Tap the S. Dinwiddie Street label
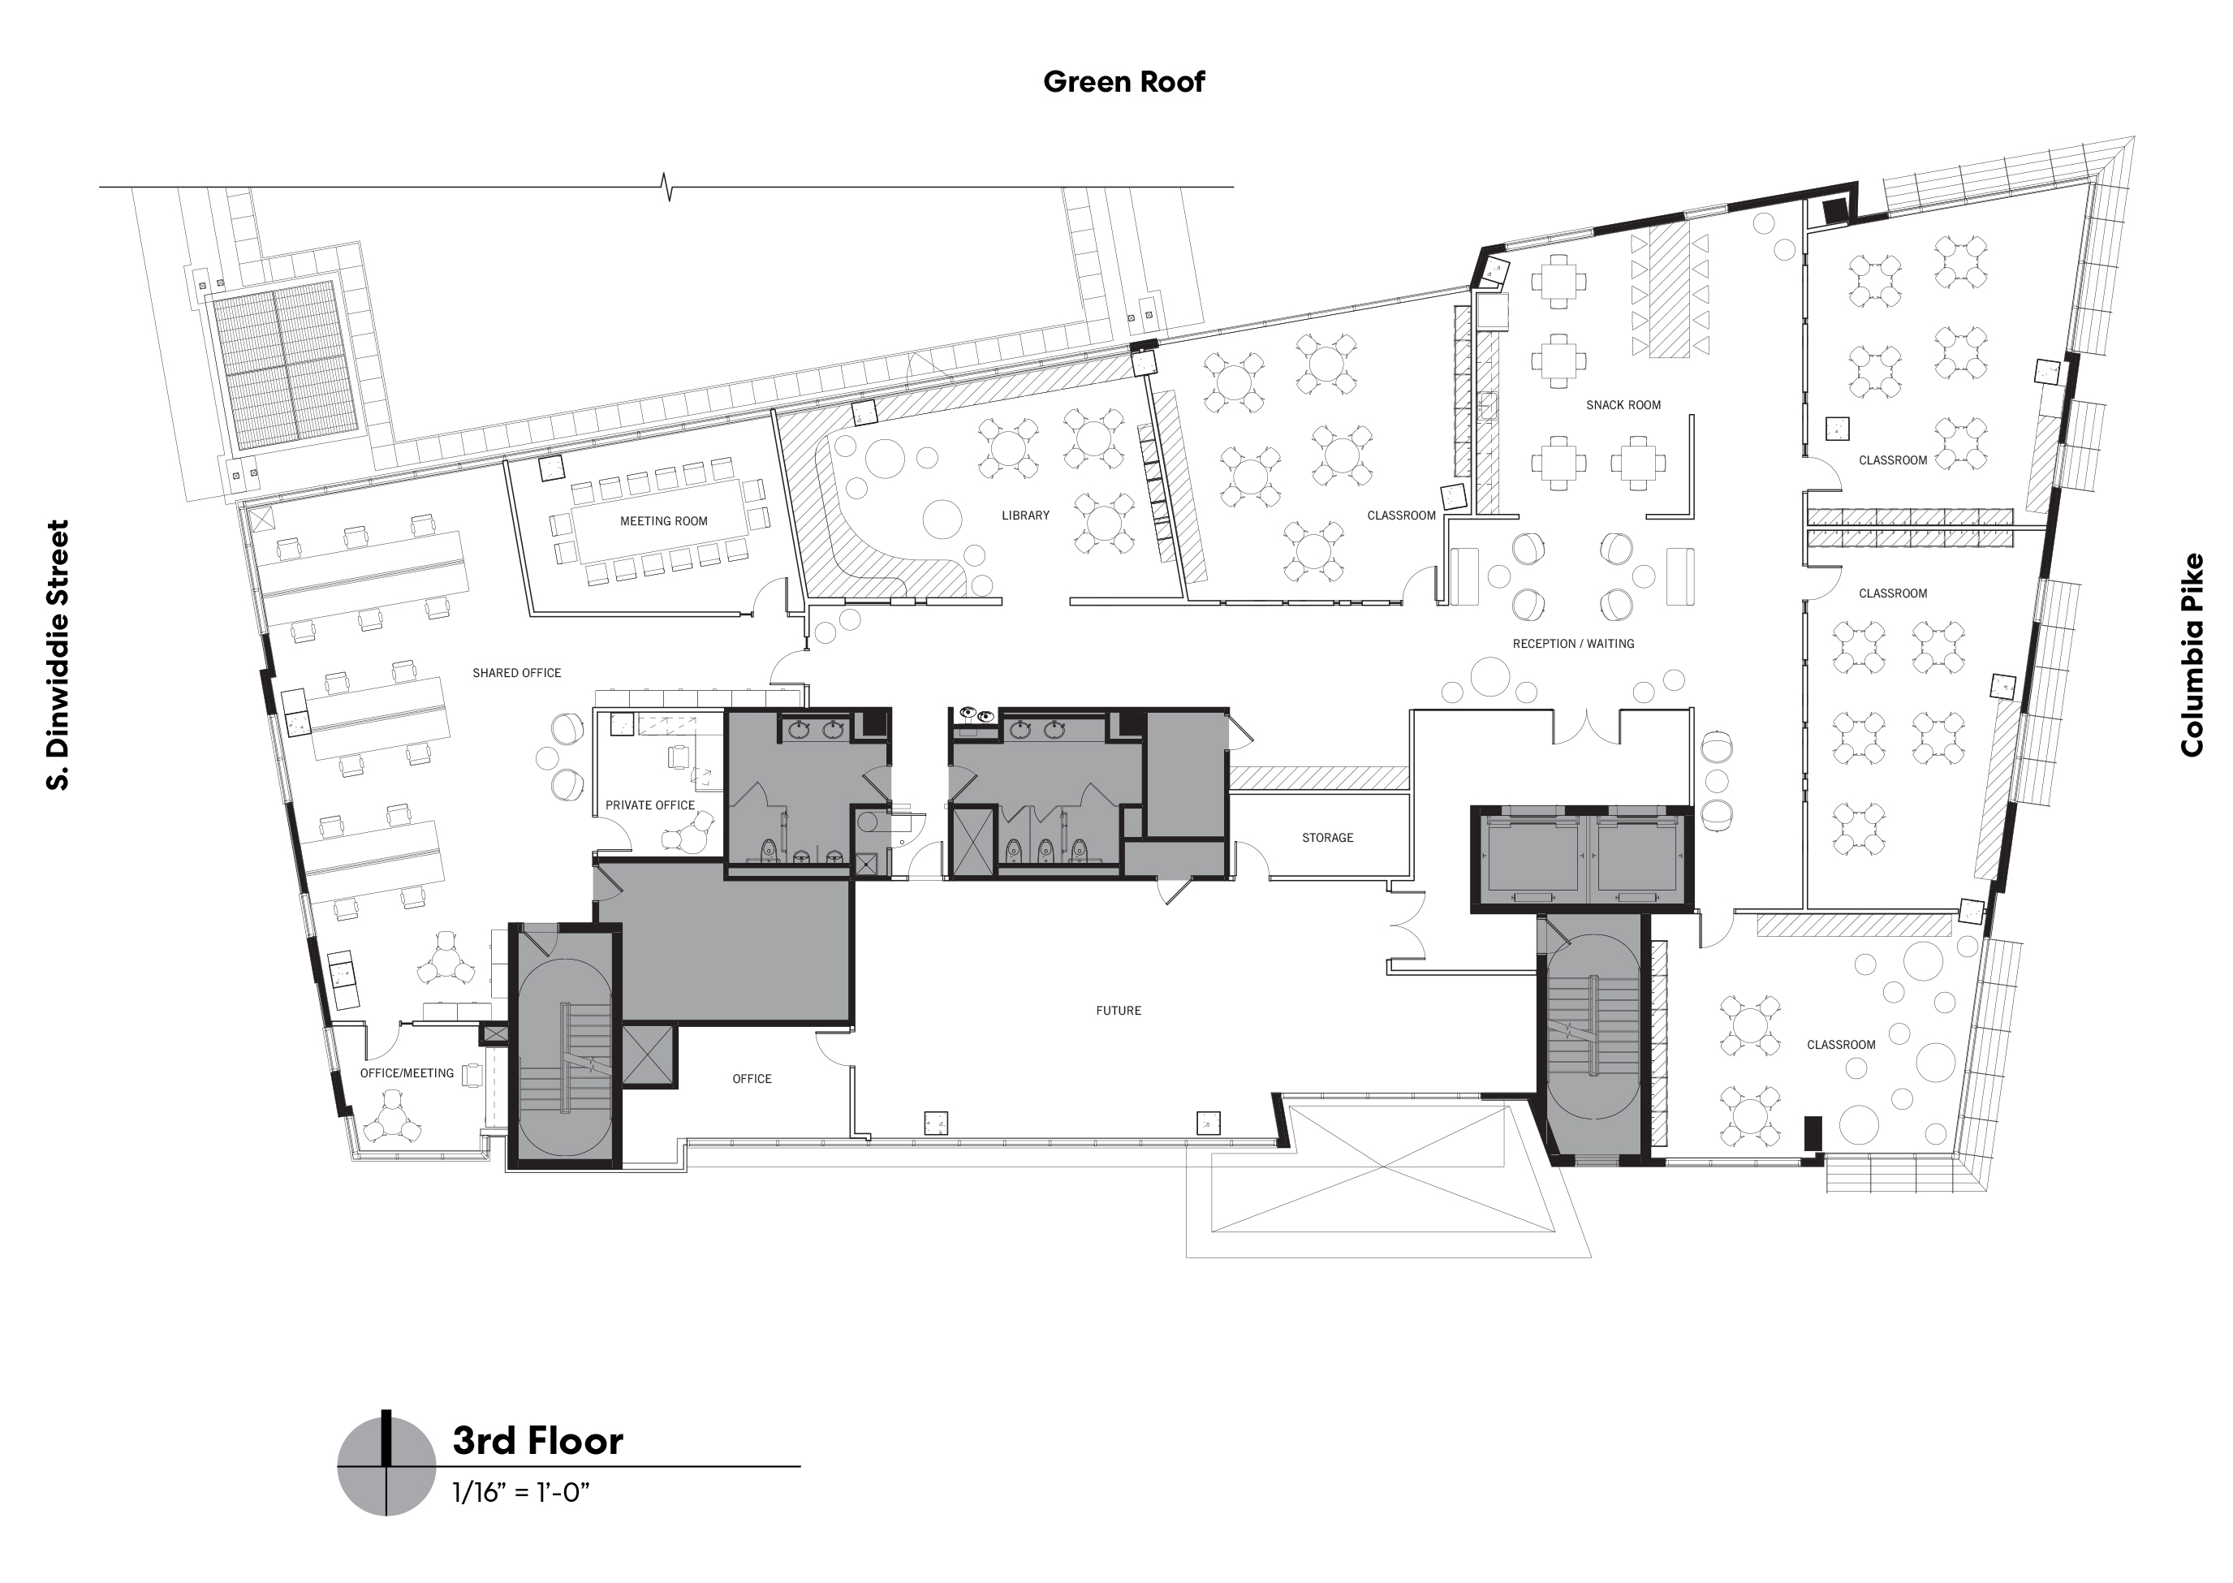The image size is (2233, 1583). [x=58, y=654]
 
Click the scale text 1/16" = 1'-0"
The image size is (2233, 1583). [x=520, y=1492]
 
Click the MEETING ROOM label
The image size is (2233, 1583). [x=664, y=521]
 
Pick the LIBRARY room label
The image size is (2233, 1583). [x=1025, y=515]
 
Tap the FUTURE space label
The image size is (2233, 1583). [x=1118, y=1011]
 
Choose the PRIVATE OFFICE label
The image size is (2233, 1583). [x=650, y=805]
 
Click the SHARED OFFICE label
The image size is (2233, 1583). [x=516, y=674]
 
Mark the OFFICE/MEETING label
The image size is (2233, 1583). [x=407, y=1073]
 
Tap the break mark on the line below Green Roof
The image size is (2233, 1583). [x=668, y=186]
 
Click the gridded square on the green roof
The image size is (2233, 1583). [x=282, y=364]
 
